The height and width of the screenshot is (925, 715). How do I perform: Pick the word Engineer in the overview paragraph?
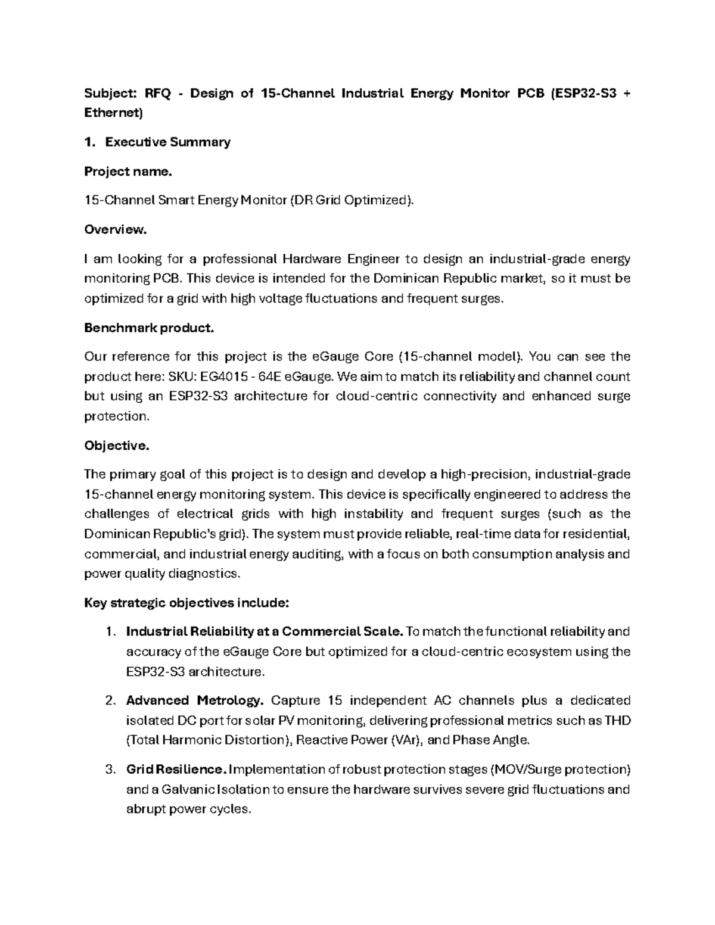pyautogui.click(x=372, y=259)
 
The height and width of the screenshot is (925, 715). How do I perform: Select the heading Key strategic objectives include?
pyautogui.click(x=186, y=603)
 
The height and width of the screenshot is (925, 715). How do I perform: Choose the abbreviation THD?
pyautogui.click(x=618, y=721)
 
